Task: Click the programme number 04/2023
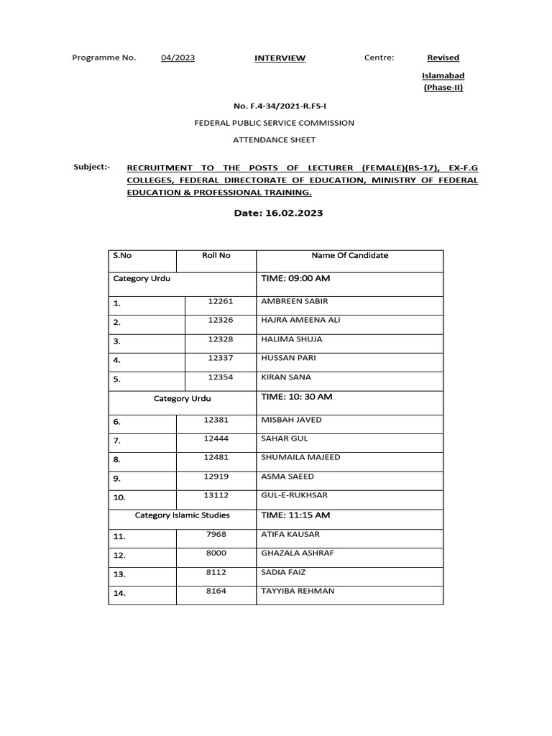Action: coord(178,58)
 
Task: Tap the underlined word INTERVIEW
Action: coord(280,58)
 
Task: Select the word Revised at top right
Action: coord(443,57)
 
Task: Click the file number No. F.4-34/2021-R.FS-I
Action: coord(275,106)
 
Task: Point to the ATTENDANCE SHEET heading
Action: coord(275,139)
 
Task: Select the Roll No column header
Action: coord(216,255)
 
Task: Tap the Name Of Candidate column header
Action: coord(349,255)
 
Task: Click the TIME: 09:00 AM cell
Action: coord(295,277)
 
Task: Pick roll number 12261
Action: coord(221,301)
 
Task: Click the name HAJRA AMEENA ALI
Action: coord(300,320)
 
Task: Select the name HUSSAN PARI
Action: coord(288,357)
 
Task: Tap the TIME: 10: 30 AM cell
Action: coord(296,397)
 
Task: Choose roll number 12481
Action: coord(216,457)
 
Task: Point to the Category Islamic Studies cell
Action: coord(183,515)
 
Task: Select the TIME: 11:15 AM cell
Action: coord(295,515)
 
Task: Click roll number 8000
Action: coord(216,553)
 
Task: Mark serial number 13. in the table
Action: coord(119,574)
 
